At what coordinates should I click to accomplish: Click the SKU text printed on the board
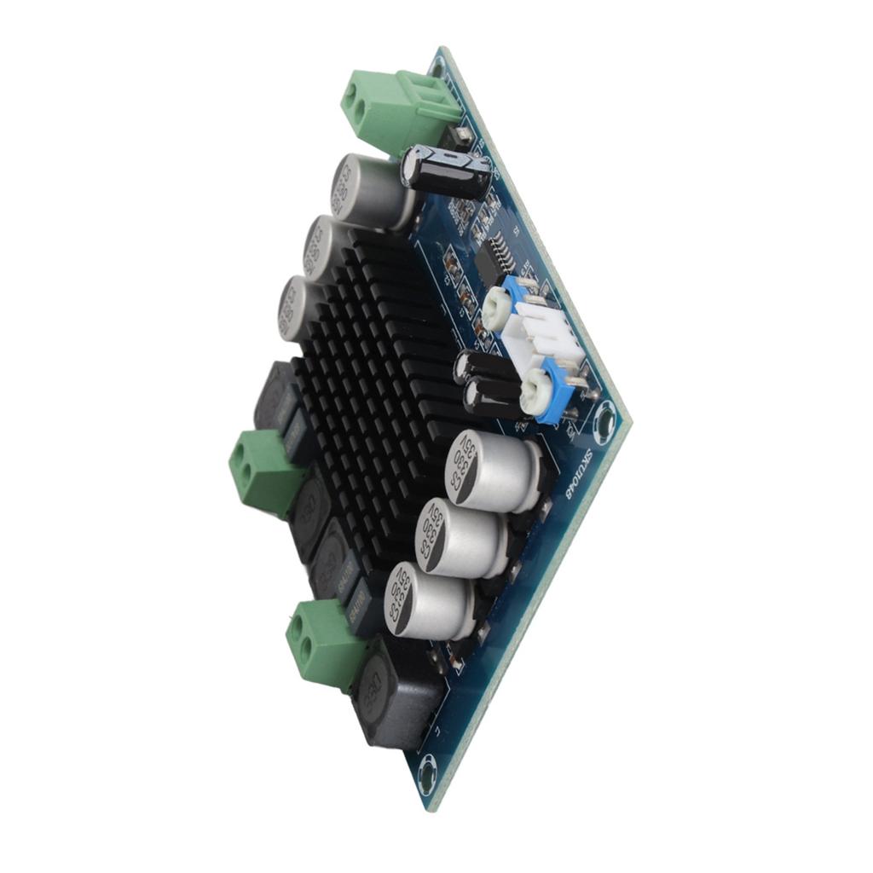click(574, 473)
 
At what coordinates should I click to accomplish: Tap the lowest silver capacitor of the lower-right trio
click(425, 601)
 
